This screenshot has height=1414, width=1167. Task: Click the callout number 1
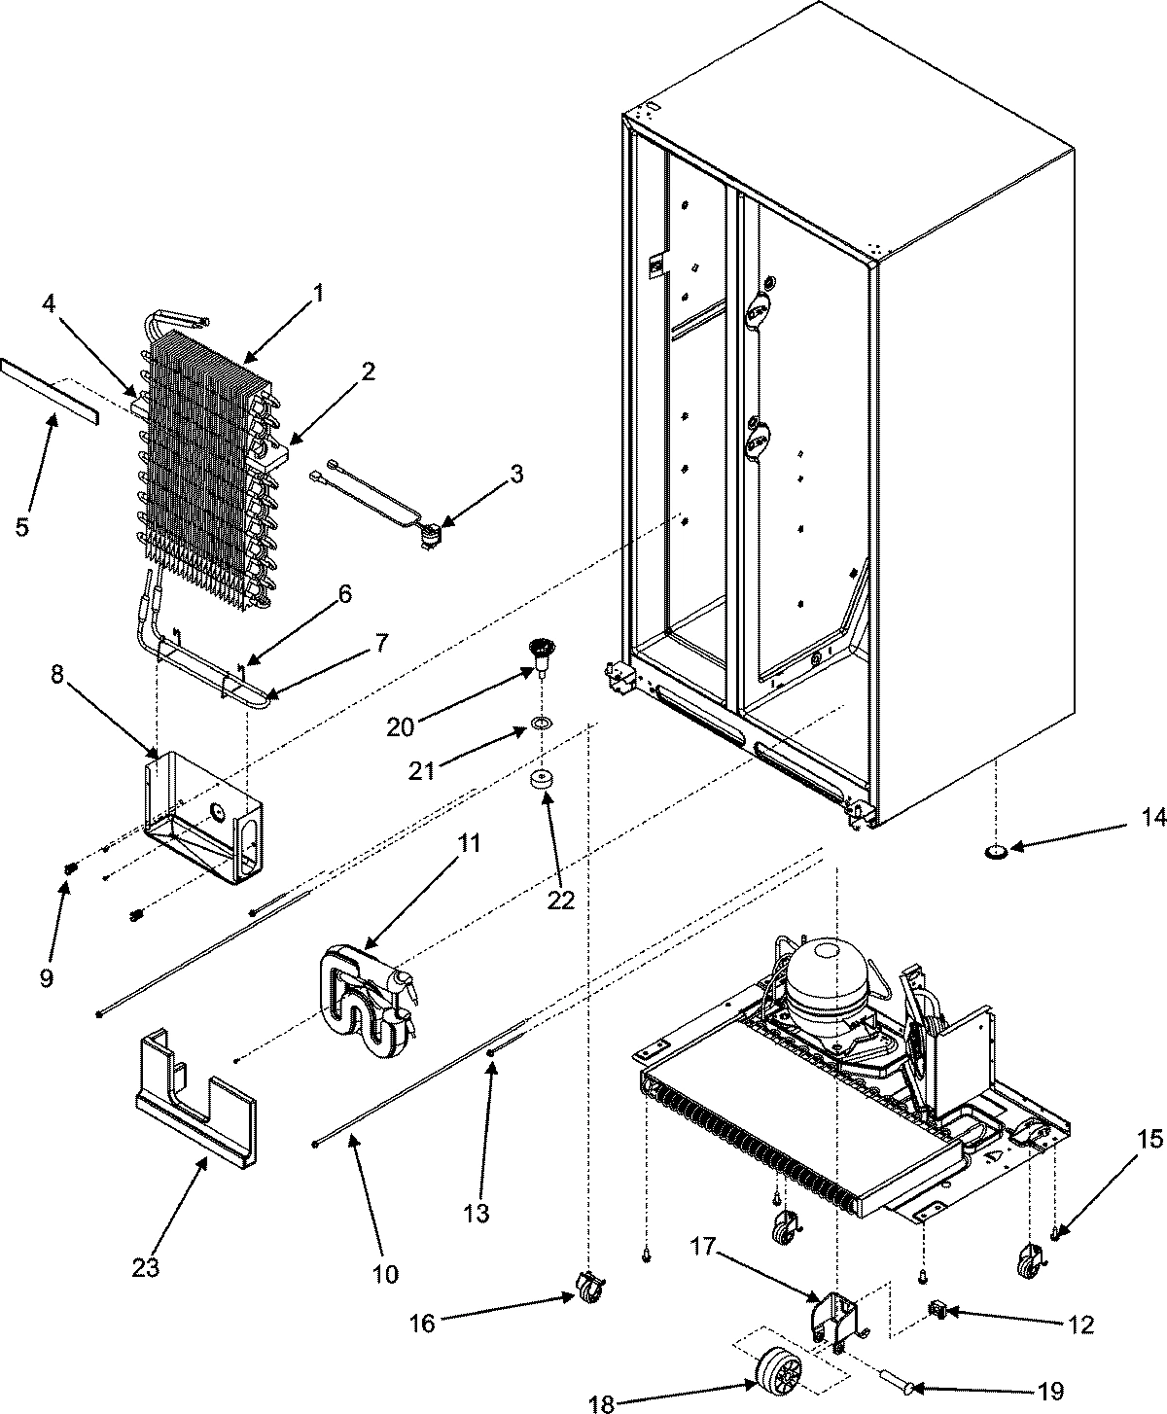(319, 292)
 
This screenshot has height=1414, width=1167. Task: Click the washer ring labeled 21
(538, 725)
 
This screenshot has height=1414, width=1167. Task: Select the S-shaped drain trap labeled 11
(365, 1002)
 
